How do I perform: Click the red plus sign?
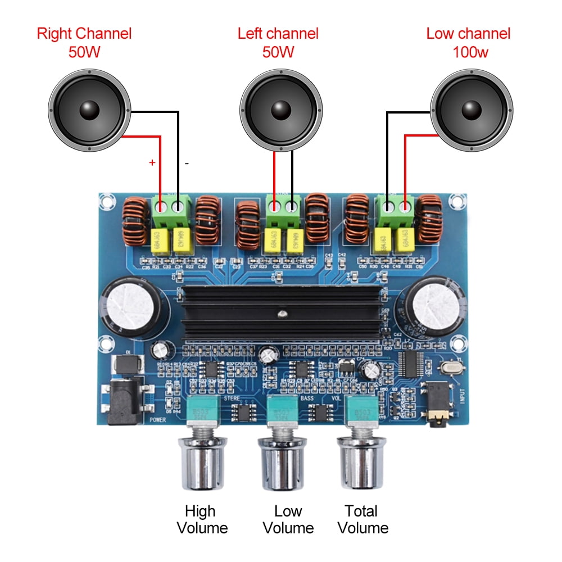click(x=152, y=163)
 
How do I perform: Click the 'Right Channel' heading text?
click(x=84, y=33)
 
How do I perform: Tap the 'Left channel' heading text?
click(x=278, y=33)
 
